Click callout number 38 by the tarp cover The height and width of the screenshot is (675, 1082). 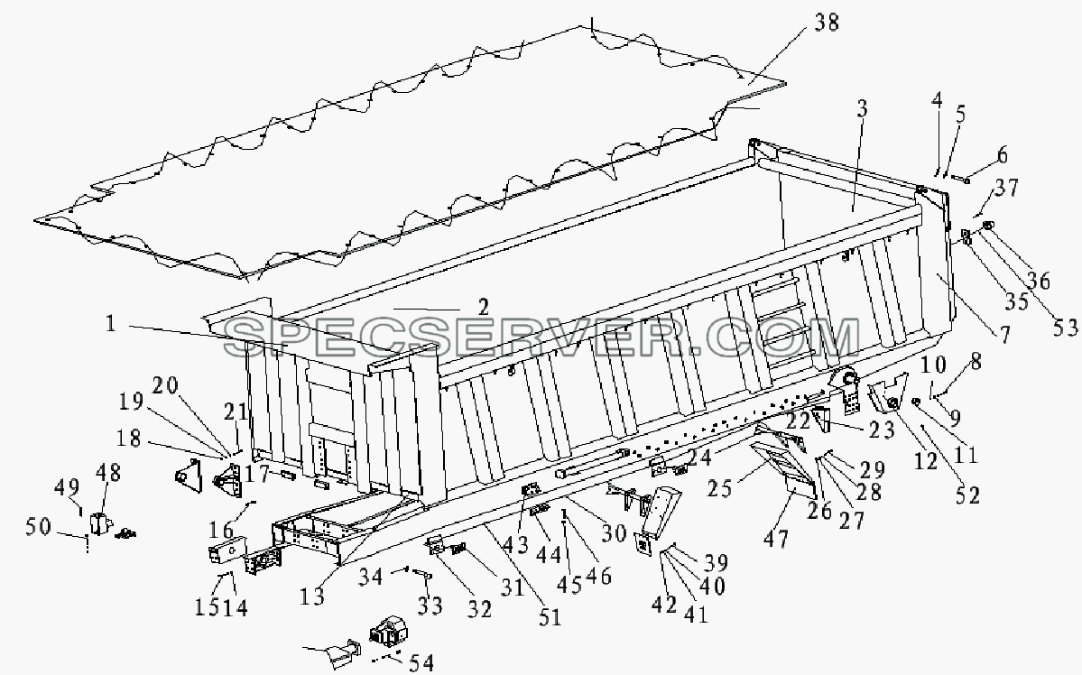[x=826, y=23]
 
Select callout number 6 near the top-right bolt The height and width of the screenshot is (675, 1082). [x=1002, y=154]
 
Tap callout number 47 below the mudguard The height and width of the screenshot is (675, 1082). [x=775, y=538]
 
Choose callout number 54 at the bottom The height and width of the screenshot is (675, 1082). [x=421, y=662]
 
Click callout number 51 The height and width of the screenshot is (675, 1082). [x=550, y=616]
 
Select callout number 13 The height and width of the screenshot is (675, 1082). [x=312, y=596]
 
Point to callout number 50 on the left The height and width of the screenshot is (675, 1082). [x=38, y=527]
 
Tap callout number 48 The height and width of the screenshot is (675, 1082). [x=107, y=473]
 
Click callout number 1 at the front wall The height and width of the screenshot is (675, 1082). [x=110, y=323]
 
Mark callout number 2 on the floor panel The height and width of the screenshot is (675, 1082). [x=483, y=307]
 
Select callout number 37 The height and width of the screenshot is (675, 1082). [x=1007, y=187]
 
